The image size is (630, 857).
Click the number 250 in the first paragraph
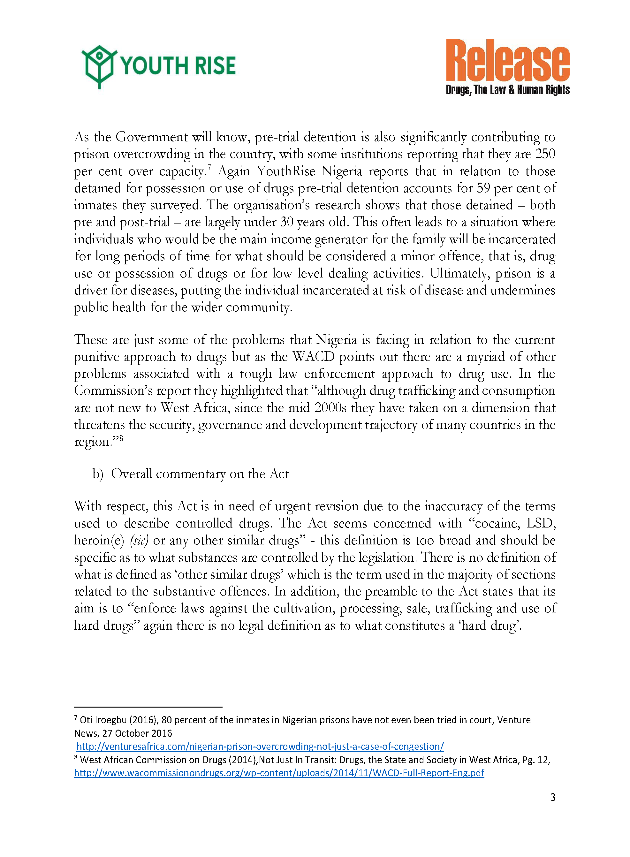(545, 154)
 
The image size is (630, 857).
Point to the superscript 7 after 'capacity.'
(209, 167)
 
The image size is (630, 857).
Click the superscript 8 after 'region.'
(121, 438)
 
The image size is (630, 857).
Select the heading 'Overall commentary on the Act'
(200, 474)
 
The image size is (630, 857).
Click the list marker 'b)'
(98, 474)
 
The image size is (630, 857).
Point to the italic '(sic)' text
(139, 541)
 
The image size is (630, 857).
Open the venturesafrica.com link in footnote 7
(260, 747)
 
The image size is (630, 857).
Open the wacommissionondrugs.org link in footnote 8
(279, 773)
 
